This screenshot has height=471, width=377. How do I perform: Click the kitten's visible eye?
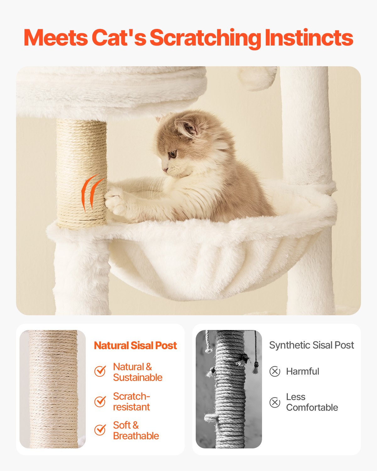(x=172, y=154)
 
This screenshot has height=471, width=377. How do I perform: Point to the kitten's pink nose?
(x=164, y=170)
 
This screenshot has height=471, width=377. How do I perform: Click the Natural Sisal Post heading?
(x=135, y=345)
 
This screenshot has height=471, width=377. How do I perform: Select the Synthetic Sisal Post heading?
(x=311, y=345)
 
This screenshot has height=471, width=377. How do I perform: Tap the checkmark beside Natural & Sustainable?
(x=100, y=371)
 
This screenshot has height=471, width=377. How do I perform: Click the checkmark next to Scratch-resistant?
(x=100, y=401)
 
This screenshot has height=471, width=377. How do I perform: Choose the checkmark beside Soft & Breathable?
(x=100, y=430)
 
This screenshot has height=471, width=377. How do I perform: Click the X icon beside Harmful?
(x=275, y=371)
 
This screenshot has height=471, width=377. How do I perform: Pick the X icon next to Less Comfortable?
(x=275, y=402)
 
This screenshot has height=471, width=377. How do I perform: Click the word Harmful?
(x=303, y=371)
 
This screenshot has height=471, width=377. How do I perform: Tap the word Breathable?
(x=136, y=436)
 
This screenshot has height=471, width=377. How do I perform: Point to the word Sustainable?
(x=138, y=377)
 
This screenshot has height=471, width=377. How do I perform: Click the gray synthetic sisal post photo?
(x=229, y=389)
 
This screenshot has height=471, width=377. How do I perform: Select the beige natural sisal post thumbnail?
(x=52, y=389)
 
